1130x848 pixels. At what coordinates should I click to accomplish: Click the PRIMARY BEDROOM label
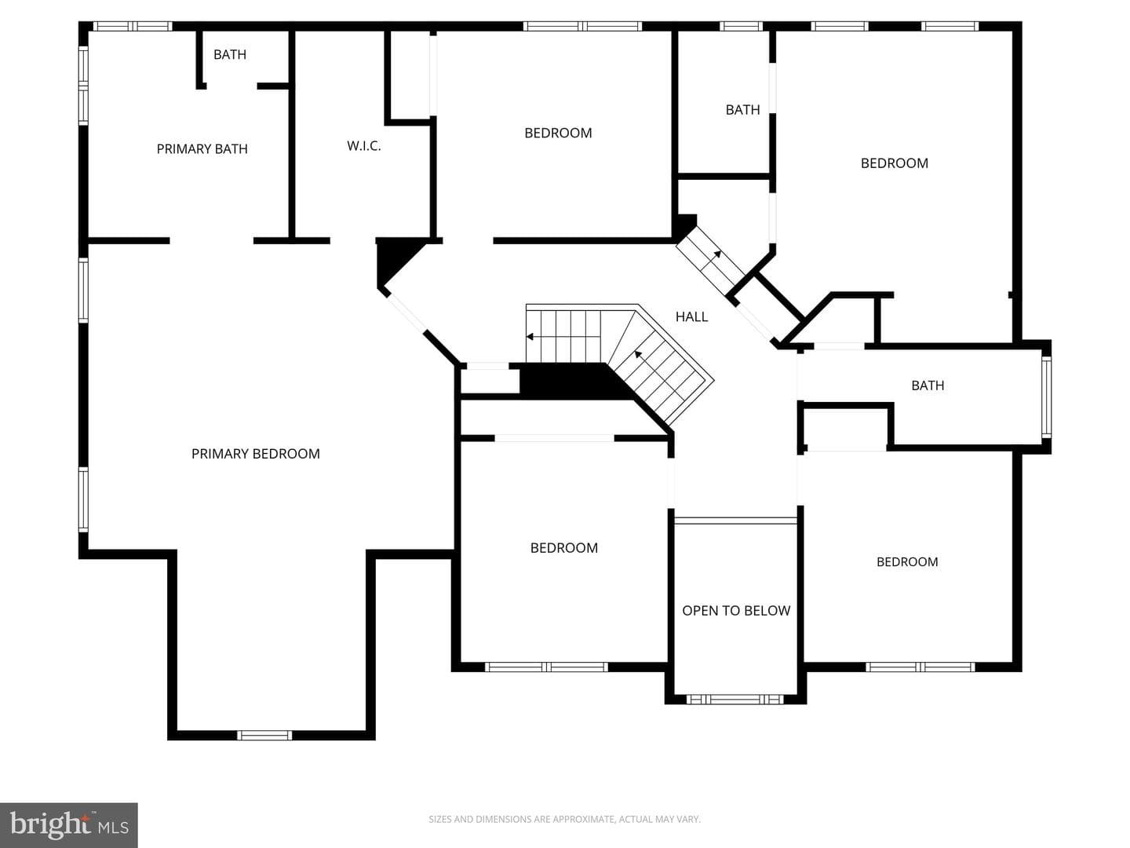255,454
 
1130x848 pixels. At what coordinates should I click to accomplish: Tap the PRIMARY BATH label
202,149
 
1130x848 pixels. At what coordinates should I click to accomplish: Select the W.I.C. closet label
364,146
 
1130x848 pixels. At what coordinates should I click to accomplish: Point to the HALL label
691,316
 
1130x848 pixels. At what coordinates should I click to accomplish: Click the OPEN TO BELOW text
736,611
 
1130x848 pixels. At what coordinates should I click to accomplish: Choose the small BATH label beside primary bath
230,54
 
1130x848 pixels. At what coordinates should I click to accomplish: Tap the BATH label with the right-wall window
928,385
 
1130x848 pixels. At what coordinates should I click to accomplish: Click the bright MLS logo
68,824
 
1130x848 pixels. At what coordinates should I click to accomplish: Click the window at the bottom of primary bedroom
264,735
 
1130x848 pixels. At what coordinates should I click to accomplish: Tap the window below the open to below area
734,699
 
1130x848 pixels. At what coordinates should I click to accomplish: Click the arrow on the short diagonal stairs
718,254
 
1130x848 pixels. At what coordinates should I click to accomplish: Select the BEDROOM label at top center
558,133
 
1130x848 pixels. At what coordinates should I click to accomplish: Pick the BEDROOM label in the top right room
895,163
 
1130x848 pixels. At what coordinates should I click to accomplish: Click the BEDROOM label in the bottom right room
907,561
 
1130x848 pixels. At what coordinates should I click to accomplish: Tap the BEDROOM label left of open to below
563,548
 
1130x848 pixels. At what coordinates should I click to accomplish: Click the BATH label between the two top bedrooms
742,110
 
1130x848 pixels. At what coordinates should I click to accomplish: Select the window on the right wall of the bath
1046,397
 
